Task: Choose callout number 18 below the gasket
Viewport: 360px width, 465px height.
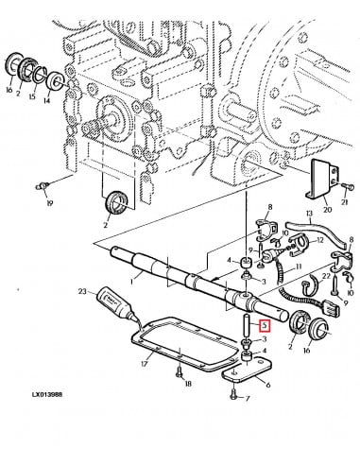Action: tap(189, 384)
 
